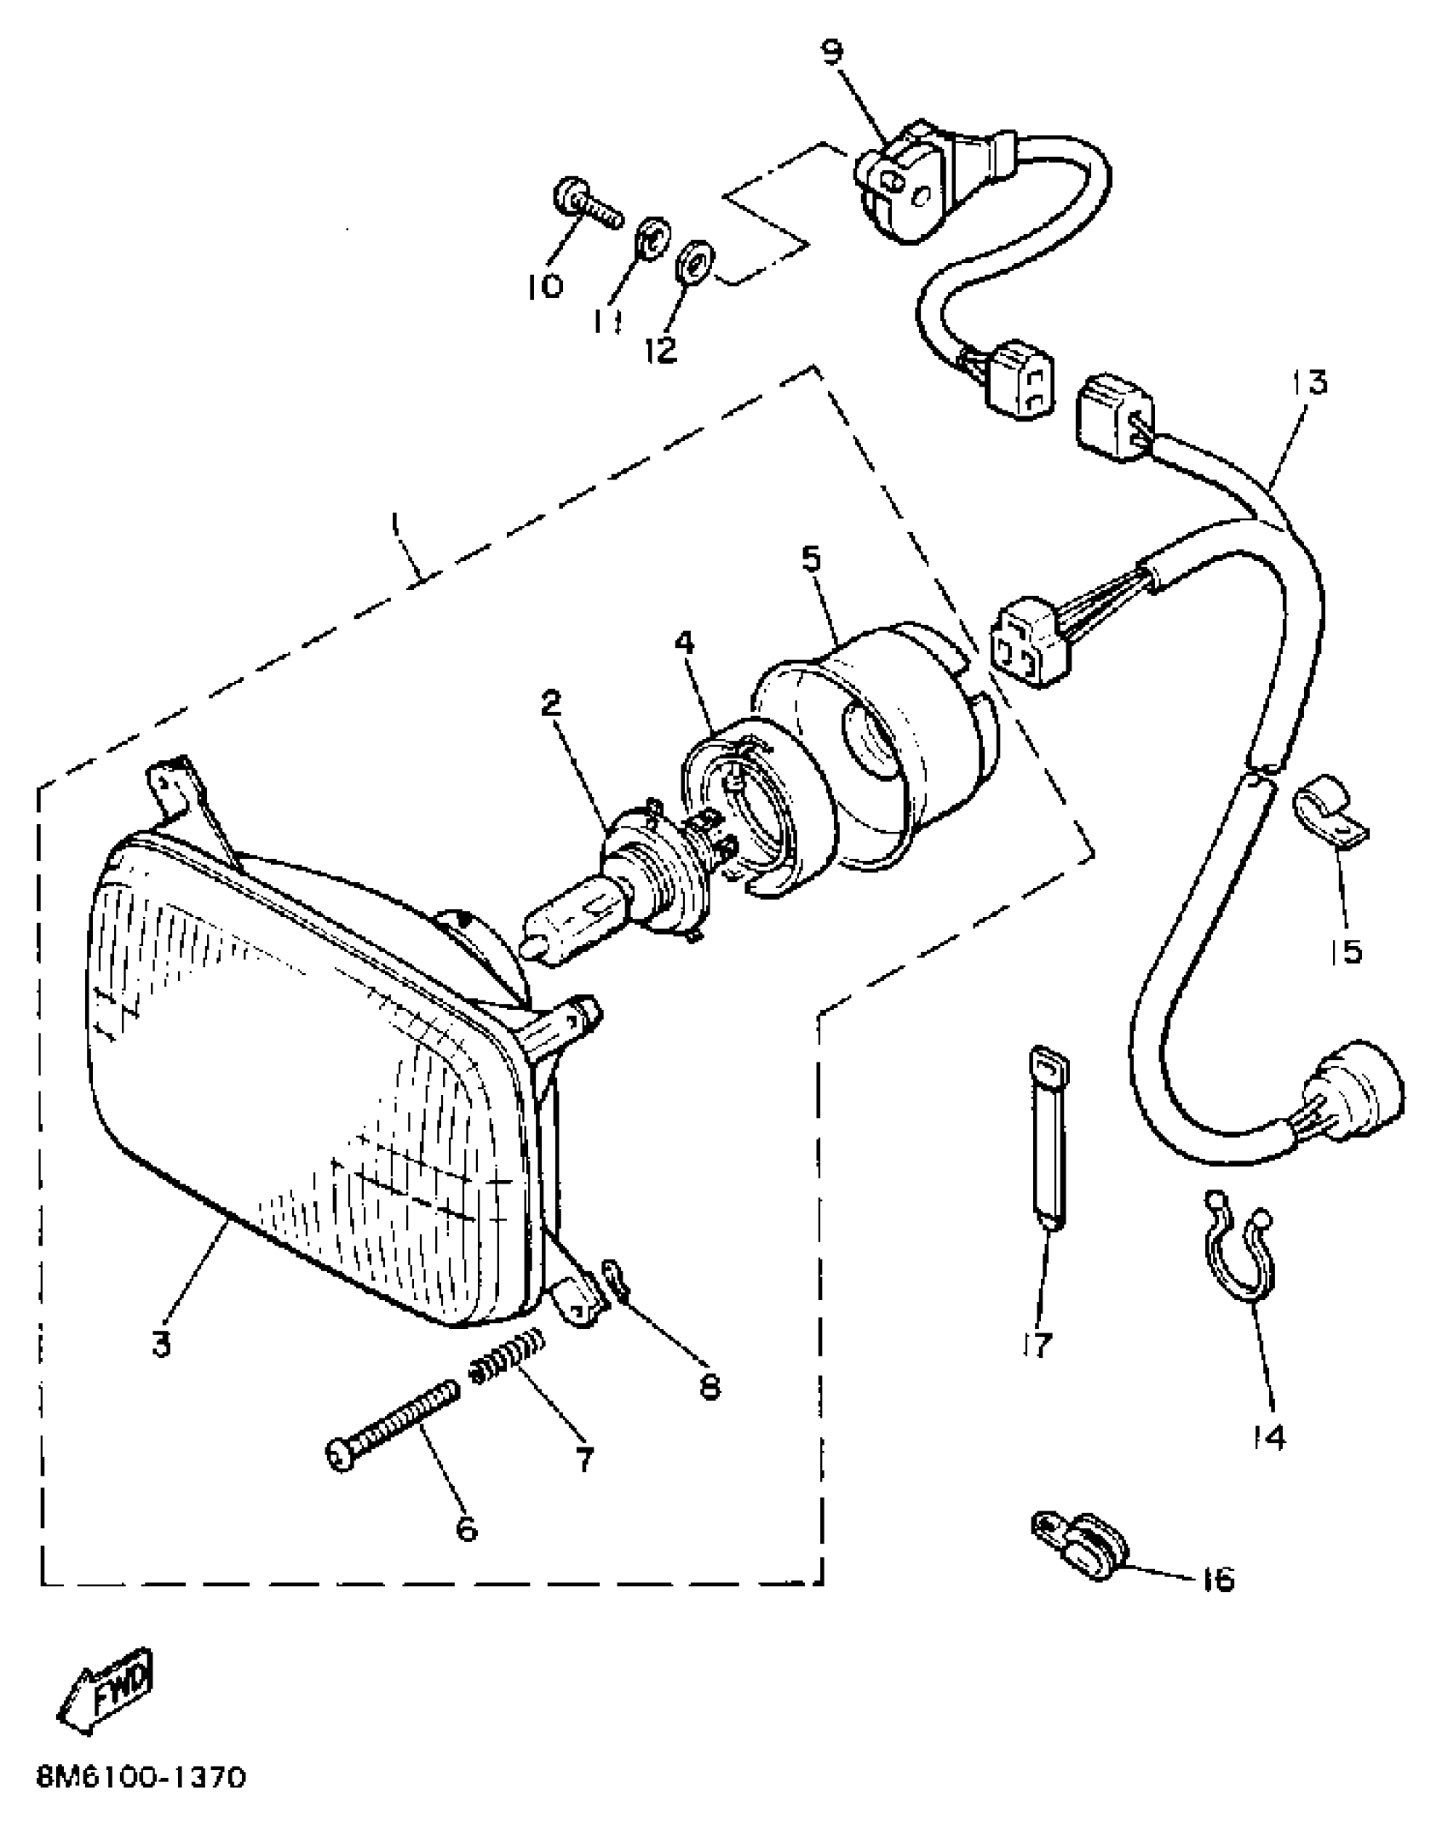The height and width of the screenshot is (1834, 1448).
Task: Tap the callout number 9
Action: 832,53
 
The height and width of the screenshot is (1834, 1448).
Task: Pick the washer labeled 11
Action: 653,238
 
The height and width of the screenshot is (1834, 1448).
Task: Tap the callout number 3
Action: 162,1346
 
